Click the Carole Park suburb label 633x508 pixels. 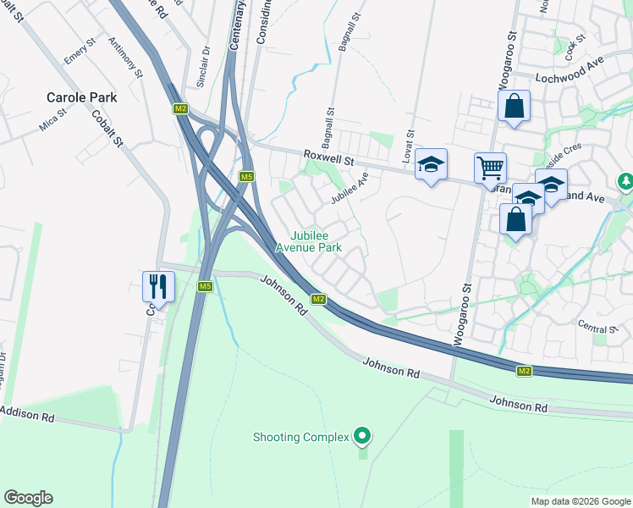pos(81,97)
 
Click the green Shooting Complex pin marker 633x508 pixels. pos(362,436)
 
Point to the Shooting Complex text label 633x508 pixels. pos(301,437)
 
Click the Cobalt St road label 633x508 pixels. pos(107,126)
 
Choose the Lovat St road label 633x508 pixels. pos(408,146)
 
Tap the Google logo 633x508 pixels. pos(28,498)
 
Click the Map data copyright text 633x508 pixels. pos(580,501)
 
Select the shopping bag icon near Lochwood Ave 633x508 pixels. pos(514,107)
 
